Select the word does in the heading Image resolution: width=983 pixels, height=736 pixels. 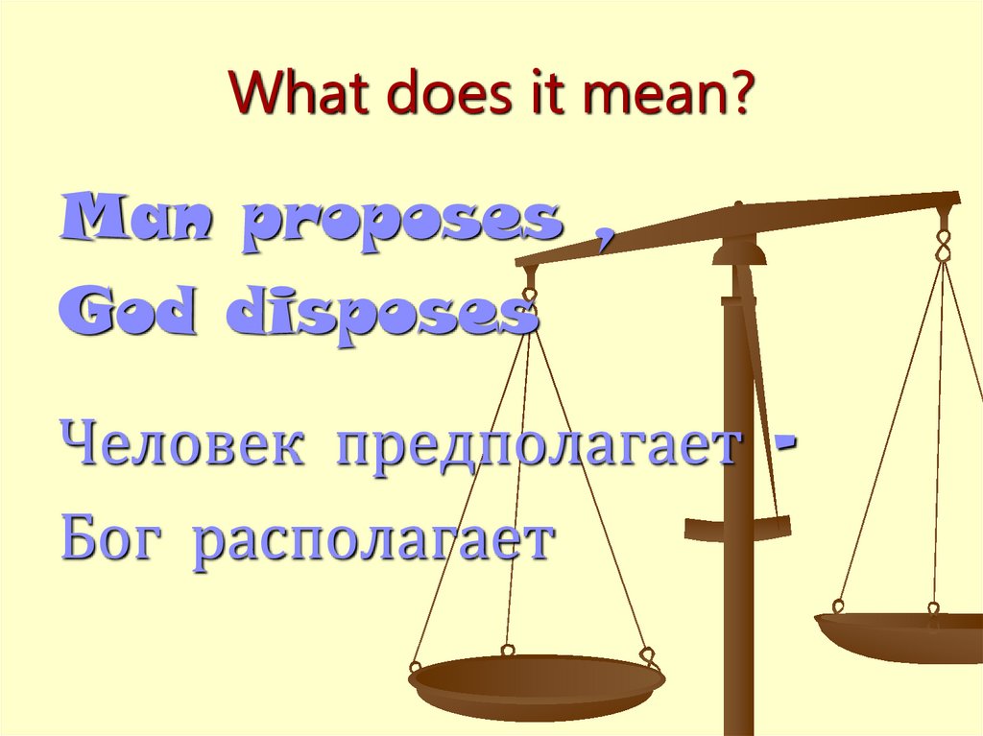(432, 99)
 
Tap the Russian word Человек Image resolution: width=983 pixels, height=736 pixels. (183, 446)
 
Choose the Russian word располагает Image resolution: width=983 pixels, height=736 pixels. (372, 544)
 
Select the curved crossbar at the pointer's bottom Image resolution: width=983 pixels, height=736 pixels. (737, 527)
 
